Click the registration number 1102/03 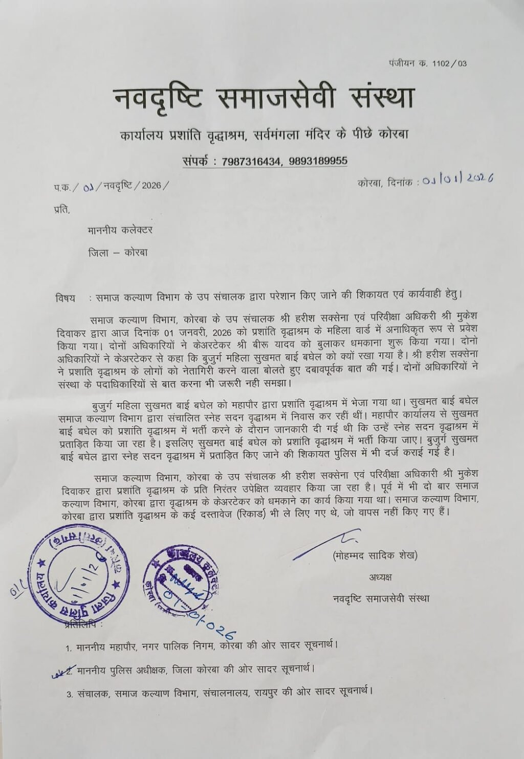pyautogui.click(x=449, y=63)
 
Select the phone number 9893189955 pyautogui.click(x=318, y=161)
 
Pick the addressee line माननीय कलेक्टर pyautogui.click(x=120, y=231)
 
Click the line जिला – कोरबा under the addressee pyautogui.click(x=118, y=253)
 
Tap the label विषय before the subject pyautogui.click(x=65, y=297)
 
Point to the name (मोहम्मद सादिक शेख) pyautogui.click(x=374, y=555)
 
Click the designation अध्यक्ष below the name pyautogui.click(x=380, y=577)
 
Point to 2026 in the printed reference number pyautogui.click(x=151, y=186)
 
